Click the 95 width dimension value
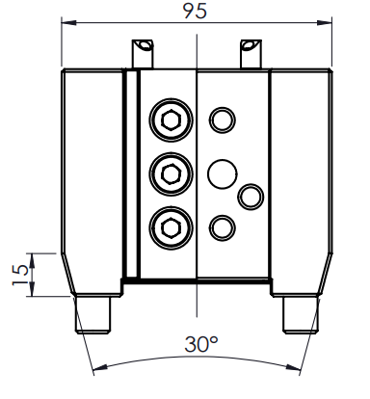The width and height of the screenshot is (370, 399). click(195, 12)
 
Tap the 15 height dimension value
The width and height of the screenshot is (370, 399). click(20, 275)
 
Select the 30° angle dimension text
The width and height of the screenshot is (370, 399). click(201, 344)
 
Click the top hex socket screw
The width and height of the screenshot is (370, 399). click(171, 120)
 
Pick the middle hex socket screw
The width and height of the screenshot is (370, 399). click(171, 173)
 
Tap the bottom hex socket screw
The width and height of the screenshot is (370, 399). click(171, 227)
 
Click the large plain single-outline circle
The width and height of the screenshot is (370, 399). click(223, 173)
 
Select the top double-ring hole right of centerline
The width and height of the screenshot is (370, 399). click(223, 120)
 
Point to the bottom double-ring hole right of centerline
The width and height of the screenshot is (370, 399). click(223, 227)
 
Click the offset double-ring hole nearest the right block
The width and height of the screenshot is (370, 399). click(251, 197)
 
